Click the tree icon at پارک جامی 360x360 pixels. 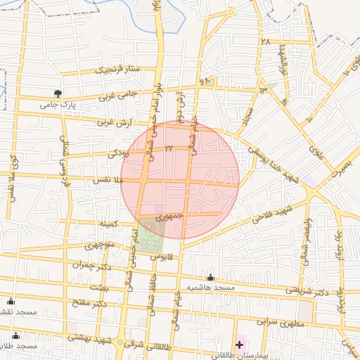58,93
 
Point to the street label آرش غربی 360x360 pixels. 114,123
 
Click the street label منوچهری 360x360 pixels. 101,247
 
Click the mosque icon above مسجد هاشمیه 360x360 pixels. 211,277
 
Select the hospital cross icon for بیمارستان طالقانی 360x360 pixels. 240,345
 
